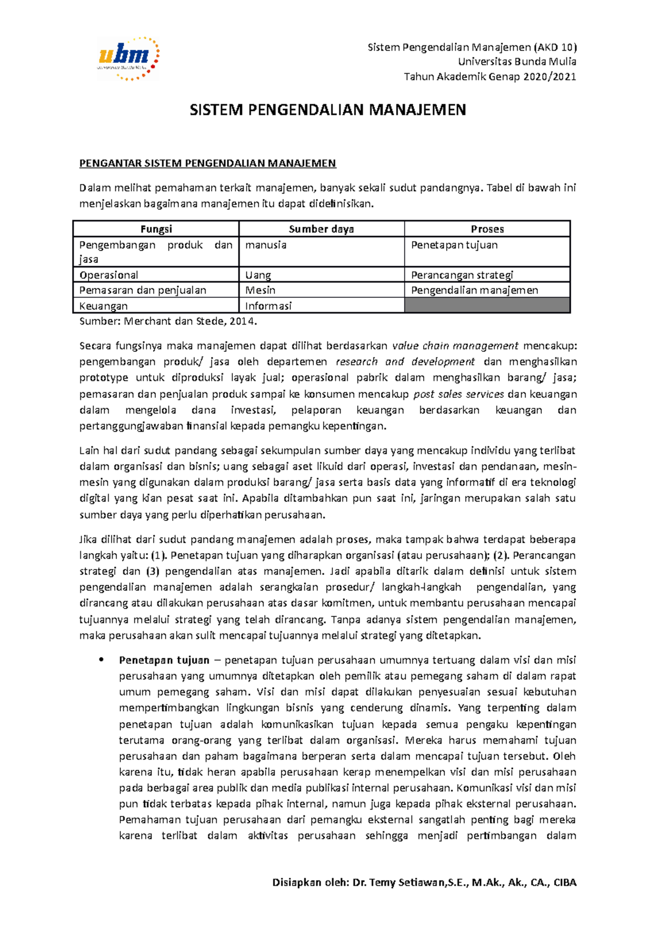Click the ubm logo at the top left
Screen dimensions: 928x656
coord(128,58)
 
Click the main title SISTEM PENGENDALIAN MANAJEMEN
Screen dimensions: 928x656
coord(327,110)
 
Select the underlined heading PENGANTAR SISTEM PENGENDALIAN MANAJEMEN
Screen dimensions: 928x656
coord(208,163)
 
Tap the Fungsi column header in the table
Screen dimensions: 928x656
coord(156,229)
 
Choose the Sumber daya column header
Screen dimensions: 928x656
coord(321,229)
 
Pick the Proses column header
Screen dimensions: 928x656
coord(487,229)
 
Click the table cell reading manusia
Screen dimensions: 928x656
coord(266,245)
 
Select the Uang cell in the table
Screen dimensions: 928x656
coord(258,275)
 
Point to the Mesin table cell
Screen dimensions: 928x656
coord(260,290)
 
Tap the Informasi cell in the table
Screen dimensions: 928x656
coord(268,306)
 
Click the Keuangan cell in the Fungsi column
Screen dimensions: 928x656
coord(104,306)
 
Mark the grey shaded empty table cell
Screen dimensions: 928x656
coord(487,306)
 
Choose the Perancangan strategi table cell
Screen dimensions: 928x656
coord(462,275)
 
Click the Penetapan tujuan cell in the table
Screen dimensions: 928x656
coord(454,245)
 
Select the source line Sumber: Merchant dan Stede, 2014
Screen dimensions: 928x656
coord(168,321)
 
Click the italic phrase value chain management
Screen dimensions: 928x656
coord(455,345)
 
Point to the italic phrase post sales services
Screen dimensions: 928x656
coord(459,394)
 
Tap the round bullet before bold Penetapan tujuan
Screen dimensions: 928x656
coord(101,660)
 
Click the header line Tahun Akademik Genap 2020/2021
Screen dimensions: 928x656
coord(490,77)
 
